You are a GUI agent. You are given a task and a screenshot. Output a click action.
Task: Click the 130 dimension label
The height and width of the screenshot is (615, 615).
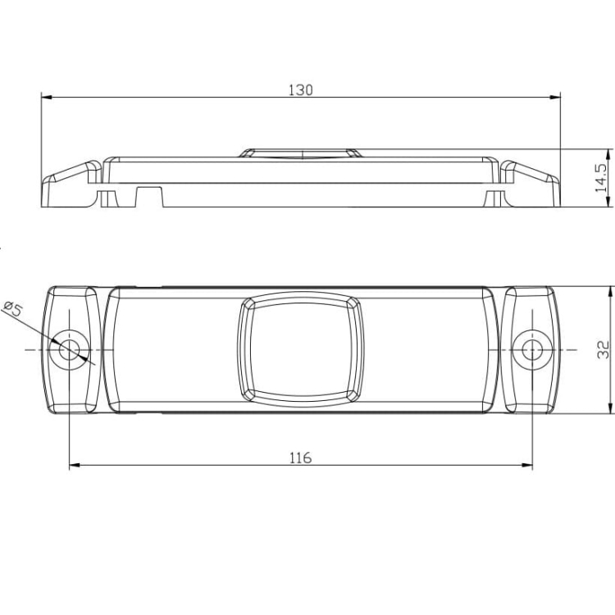(301, 90)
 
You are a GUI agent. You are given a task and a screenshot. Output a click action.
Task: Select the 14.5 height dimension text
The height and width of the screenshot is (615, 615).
(601, 178)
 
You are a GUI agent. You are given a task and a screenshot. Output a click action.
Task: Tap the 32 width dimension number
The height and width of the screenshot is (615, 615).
(603, 350)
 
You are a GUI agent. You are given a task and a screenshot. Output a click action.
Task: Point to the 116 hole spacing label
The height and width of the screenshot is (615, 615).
(300, 458)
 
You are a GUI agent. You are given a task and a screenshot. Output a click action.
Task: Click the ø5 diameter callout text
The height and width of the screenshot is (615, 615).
(12, 308)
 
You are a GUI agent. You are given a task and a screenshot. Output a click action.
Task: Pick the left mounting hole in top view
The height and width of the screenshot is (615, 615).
(69, 349)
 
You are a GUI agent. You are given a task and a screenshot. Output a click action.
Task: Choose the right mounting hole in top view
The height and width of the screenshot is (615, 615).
(532, 349)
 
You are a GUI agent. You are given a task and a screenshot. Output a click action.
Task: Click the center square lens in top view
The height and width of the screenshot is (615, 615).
(301, 349)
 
